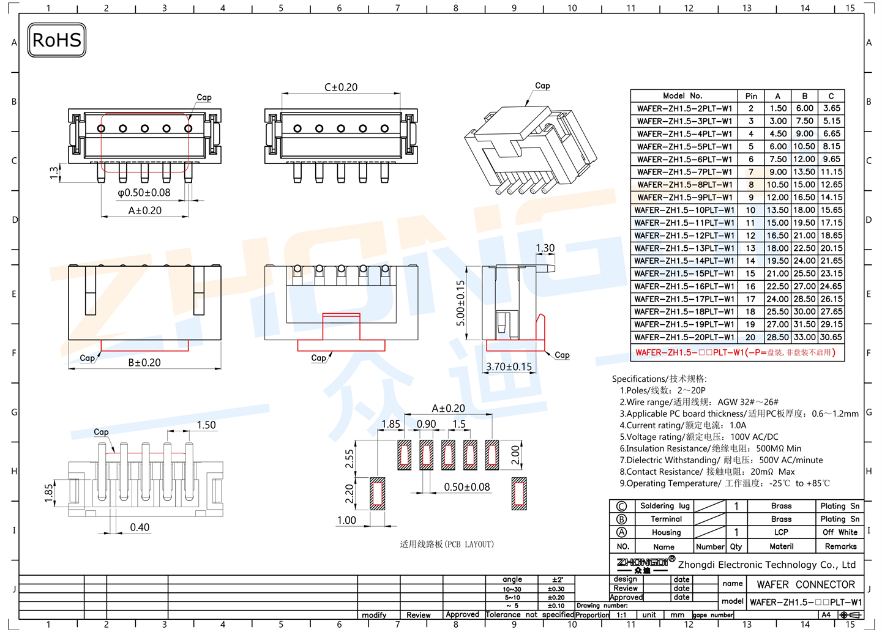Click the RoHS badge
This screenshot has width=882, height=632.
56,40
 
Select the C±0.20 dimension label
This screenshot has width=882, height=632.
341,87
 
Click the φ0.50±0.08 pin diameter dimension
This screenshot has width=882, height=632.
144,193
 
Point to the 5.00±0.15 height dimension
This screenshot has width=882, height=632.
460,303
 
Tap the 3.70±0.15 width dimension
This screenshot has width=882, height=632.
509,366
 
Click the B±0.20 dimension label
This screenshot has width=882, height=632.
144,362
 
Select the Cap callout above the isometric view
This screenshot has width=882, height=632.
542,86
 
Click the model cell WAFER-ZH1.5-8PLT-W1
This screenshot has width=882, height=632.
684,185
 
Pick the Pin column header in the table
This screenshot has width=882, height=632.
751,96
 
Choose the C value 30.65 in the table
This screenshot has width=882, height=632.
831,337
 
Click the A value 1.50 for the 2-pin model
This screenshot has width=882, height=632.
778,108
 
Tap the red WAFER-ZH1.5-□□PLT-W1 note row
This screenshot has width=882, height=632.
735,352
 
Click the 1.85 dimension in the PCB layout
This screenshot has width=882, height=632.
391,424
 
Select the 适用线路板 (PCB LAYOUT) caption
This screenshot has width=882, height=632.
447,544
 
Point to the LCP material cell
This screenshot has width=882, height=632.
781,532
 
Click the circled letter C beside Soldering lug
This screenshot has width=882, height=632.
621,506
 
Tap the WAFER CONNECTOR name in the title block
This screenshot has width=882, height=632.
805,584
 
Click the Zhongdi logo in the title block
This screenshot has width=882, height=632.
643,564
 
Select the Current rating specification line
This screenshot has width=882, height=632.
683,425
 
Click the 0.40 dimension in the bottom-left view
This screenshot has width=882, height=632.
140,527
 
